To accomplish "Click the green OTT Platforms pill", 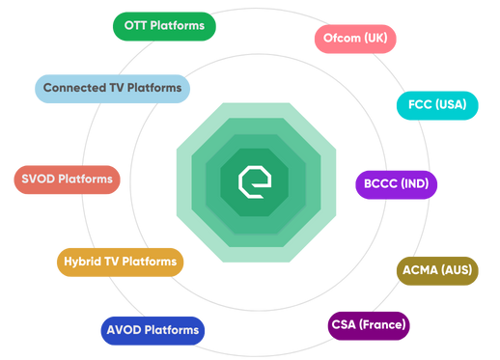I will (164, 25).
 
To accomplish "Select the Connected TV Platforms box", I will (112, 89).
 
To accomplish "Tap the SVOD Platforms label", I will (67, 180).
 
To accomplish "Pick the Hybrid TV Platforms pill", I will (120, 262).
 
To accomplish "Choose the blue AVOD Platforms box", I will (153, 330).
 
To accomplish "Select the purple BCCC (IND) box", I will (397, 183).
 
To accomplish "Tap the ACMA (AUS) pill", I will (437, 269).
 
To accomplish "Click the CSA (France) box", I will (368, 323).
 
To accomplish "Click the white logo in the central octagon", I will (250, 180).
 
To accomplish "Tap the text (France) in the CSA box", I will (383, 323).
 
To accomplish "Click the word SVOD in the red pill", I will (38, 180).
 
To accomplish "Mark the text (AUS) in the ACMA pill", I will (456, 269).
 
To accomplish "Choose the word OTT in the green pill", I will (134, 25).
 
